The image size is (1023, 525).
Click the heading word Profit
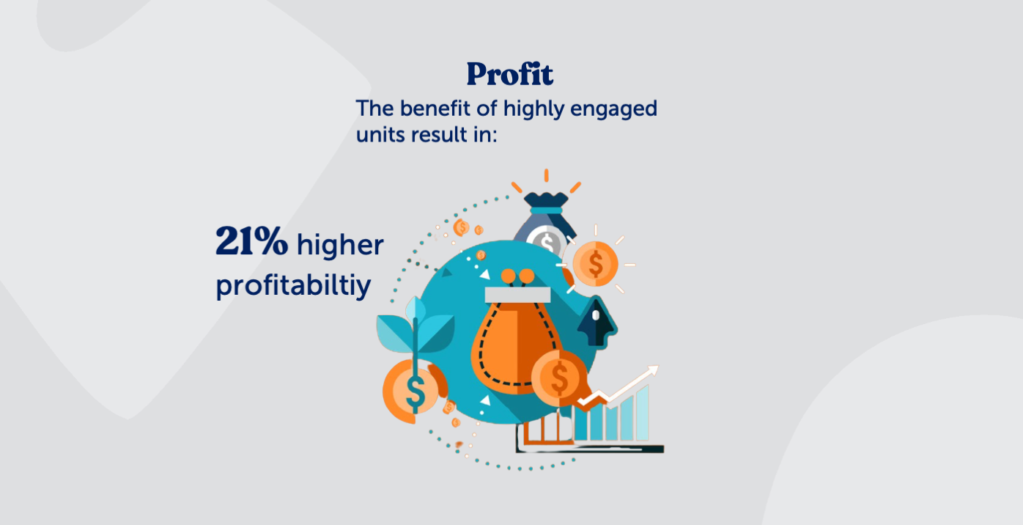click(x=510, y=74)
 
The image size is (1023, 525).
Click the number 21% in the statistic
click(x=251, y=243)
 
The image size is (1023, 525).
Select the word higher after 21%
click(x=340, y=246)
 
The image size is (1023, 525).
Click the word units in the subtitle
click(x=380, y=135)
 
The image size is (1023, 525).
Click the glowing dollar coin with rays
click(x=595, y=262)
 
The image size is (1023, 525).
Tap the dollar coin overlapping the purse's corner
click(x=560, y=378)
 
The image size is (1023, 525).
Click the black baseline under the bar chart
click(x=590, y=448)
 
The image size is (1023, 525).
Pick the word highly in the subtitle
click(x=533, y=109)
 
